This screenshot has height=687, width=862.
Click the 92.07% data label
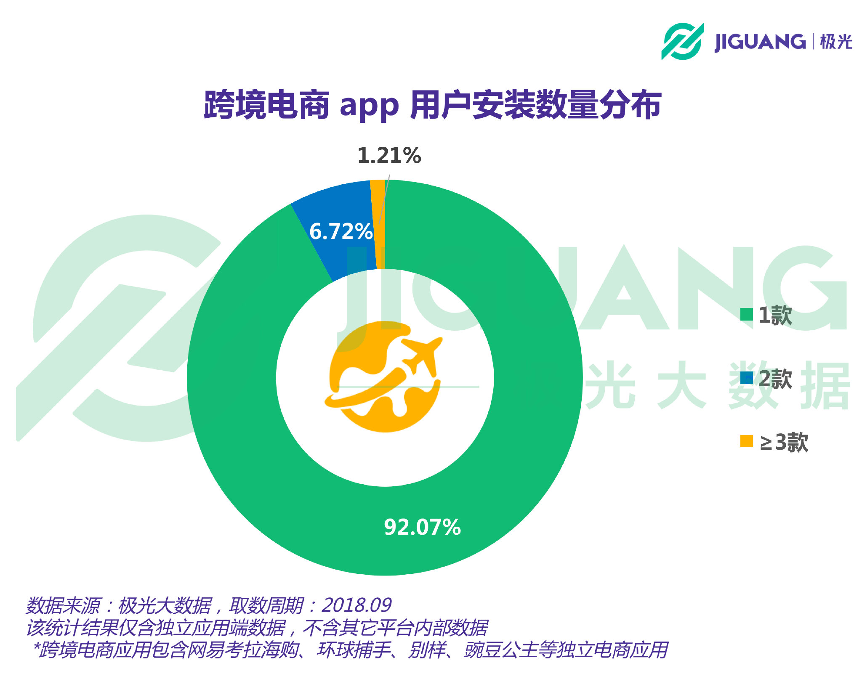(x=422, y=527)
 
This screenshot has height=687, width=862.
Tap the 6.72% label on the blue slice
(x=341, y=231)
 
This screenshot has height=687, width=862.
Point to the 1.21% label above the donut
(x=389, y=156)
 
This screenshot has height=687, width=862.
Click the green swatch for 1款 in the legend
(x=746, y=314)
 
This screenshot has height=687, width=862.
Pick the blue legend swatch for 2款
(x=746, y=378)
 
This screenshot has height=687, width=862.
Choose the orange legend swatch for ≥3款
(x=746, y=441)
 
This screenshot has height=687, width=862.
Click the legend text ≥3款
(x=784, y=442)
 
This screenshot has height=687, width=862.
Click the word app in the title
(x=369, y=106)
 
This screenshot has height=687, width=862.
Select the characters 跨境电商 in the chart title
(x=266, y=105)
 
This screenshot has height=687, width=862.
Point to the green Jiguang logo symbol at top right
(x=682, y=41)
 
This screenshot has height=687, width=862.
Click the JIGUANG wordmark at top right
(x=760, y=42)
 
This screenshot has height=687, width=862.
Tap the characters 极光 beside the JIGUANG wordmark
(x=836, y=42)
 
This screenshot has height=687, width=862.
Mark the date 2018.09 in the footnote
(x=357, y=605)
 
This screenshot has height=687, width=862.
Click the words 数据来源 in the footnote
(x=63, y=605)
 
